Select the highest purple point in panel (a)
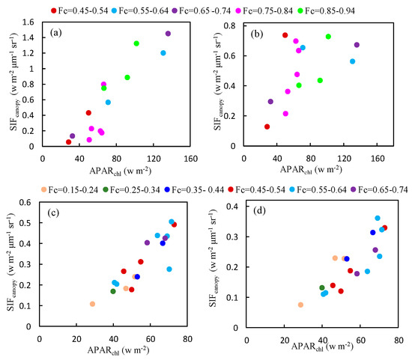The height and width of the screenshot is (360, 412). click(x=168, y=34)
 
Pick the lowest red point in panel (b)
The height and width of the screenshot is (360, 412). click(x=267, y=126)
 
